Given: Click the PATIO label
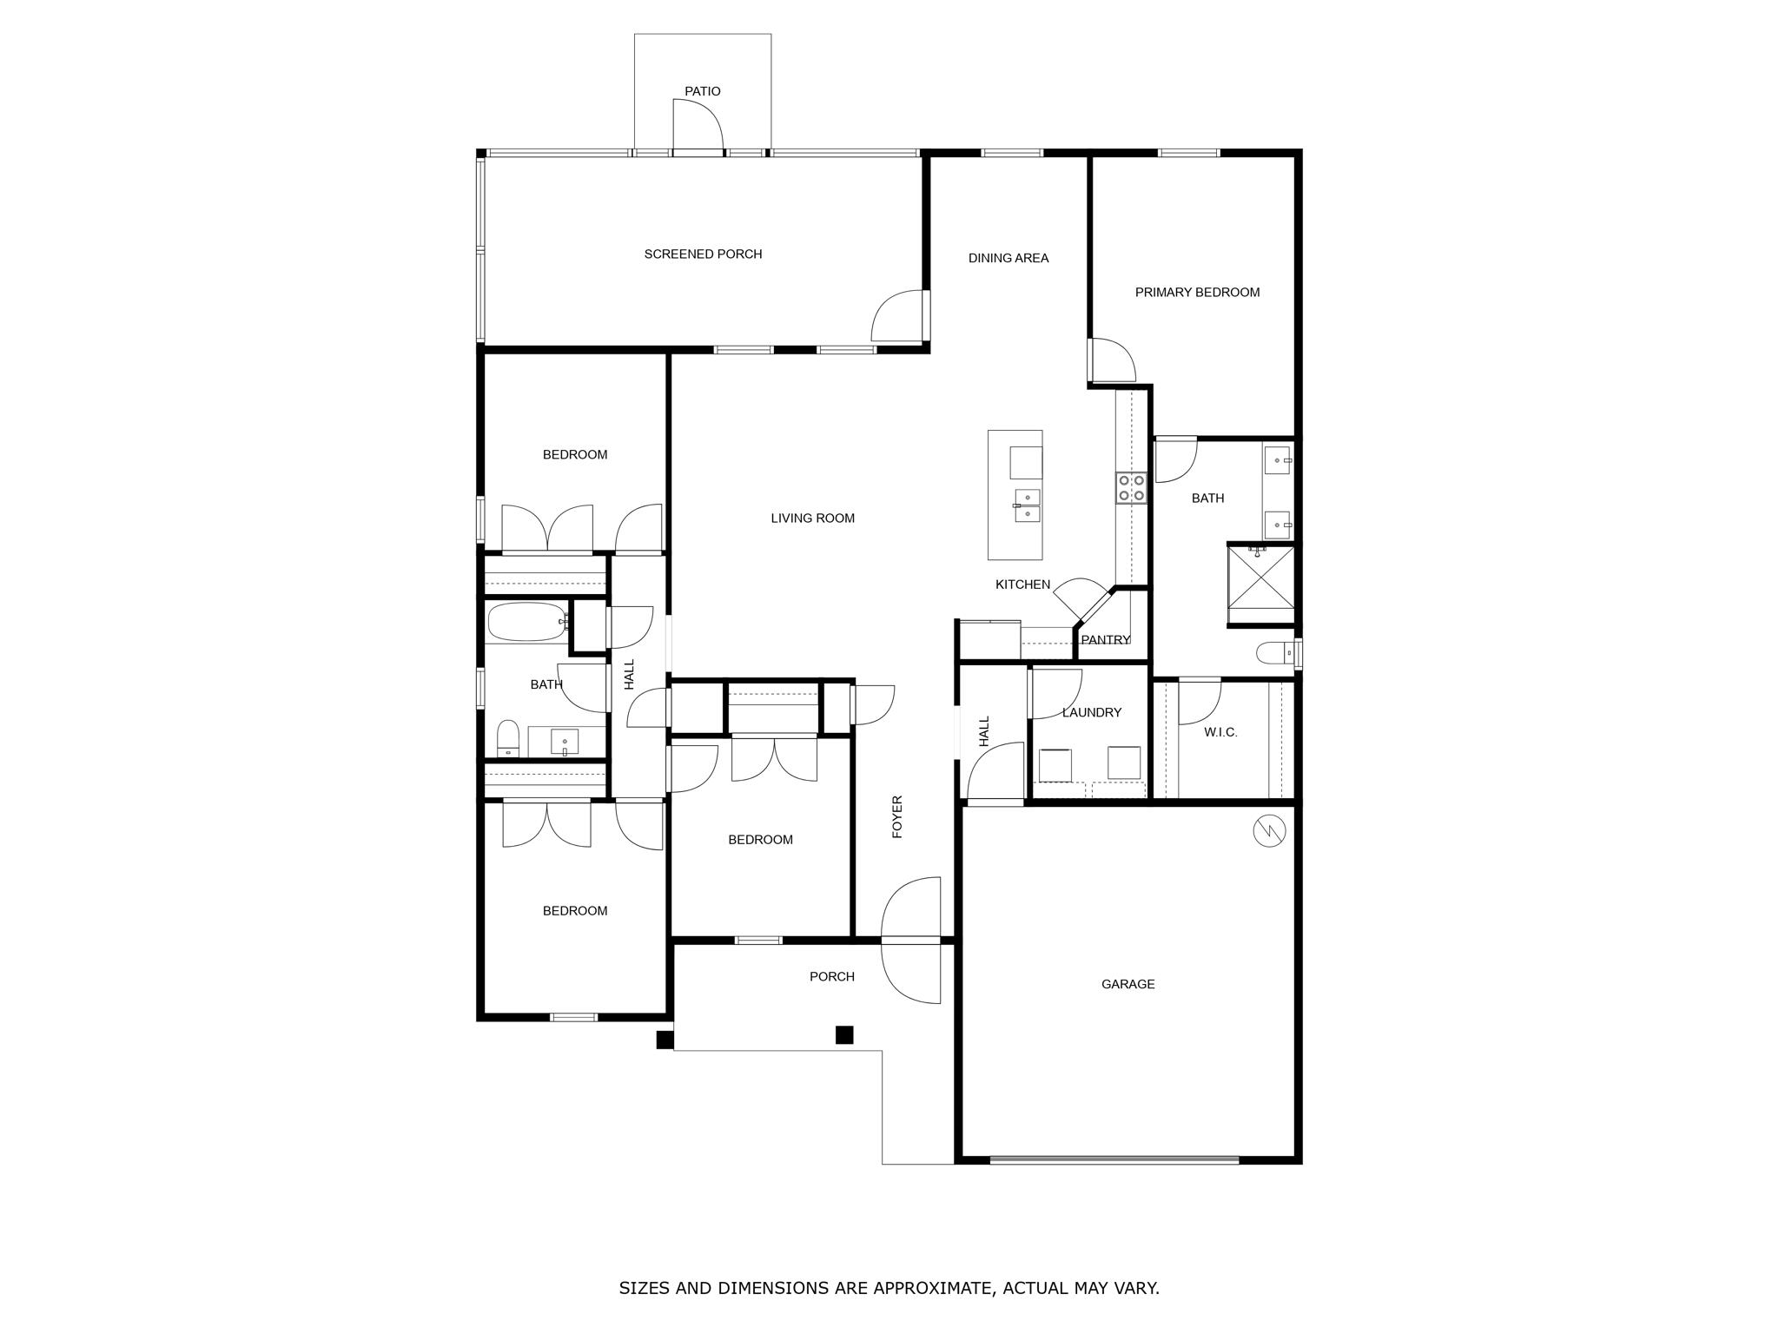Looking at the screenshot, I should click(702, 91).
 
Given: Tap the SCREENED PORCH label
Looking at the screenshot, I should click(703, 254).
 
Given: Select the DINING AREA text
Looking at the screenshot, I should click(1008, 258).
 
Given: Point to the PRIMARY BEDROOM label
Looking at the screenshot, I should click(1196, 293).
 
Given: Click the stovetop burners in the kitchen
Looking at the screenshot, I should click(1131, 488).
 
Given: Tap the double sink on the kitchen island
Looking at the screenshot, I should click(1028, 505).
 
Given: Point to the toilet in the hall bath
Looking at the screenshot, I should click(507, 739).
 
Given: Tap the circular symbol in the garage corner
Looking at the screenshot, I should click(1268, 831).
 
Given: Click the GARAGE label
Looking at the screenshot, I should click(1128, 984).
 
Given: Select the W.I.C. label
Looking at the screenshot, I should click(1220, 732).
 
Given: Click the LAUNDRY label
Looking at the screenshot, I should click(1091, 712).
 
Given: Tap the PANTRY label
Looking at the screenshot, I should click(1105, 640).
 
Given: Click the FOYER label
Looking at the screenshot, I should click(897, 816).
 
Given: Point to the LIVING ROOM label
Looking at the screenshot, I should click(812, 518).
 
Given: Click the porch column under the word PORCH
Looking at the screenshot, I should click(843, 1034).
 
